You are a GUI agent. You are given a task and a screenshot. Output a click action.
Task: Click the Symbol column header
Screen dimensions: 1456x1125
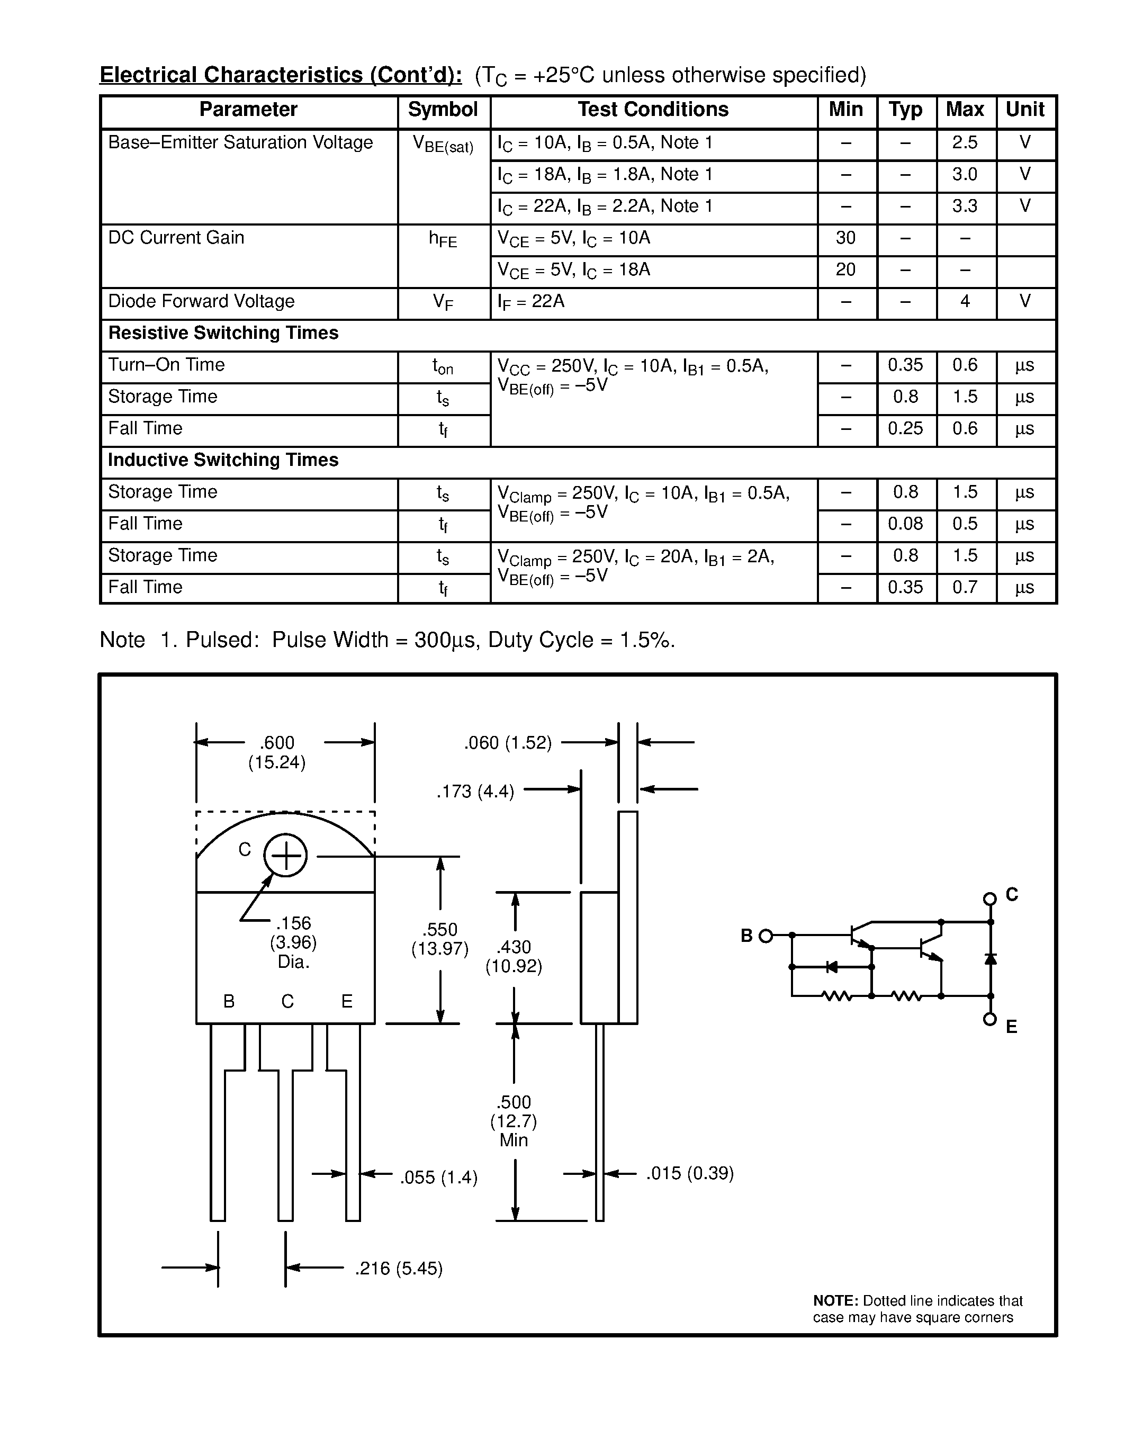[443, 110]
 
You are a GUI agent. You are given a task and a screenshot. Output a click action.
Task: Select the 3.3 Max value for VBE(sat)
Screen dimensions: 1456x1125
[965, 206]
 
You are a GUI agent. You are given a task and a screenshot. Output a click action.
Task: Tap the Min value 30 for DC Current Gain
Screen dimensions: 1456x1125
[845, 238]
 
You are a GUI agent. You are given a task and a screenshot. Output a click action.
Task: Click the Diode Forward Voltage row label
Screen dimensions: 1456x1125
[201, 301]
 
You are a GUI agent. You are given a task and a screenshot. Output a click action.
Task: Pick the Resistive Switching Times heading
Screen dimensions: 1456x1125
[223, 334]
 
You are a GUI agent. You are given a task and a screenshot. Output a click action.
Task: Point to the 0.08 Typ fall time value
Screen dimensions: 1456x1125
[905, 524]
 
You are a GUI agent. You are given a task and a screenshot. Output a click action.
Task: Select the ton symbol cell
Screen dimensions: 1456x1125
[443, 366]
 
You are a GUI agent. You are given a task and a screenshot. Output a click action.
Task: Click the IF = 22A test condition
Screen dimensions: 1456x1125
[531, 302]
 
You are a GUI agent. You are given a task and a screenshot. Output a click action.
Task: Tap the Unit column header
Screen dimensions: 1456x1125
[1024, 110]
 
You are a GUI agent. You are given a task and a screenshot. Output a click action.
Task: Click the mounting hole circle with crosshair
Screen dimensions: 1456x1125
[285, 855]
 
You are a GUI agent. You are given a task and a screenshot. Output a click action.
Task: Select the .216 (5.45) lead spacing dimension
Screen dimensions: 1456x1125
[399, 1268]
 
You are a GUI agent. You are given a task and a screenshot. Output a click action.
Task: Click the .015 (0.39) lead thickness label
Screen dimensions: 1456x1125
[690, 1173]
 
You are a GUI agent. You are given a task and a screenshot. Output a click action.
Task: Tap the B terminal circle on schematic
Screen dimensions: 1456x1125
[766, 936]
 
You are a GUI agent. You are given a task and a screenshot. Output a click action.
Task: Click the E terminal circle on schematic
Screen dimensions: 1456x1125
[989, 1019]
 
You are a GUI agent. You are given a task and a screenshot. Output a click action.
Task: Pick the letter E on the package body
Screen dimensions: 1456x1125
[347, 1001]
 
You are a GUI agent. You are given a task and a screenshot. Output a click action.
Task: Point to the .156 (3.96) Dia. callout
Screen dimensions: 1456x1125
[293, 942]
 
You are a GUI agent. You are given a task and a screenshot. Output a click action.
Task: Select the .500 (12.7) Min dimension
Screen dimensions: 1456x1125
[514, 1121]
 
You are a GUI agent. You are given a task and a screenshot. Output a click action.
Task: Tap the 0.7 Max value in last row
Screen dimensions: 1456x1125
[965, 587]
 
